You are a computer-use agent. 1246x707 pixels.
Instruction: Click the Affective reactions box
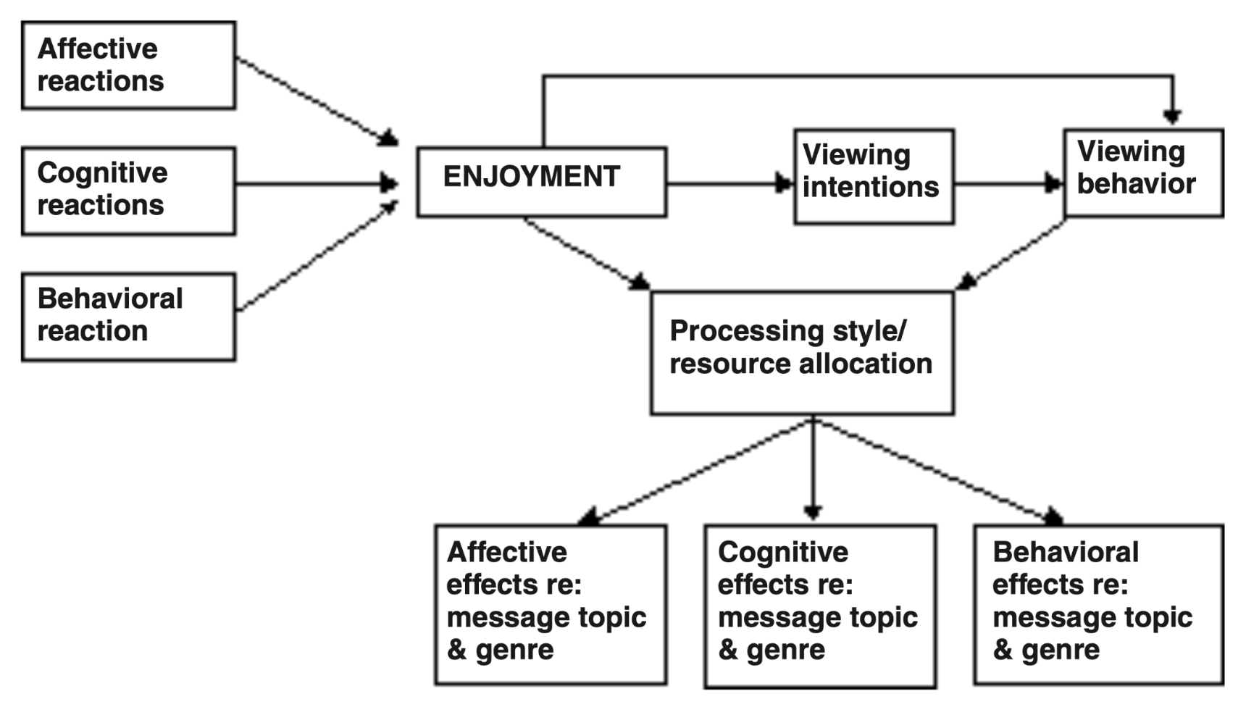point(128,65)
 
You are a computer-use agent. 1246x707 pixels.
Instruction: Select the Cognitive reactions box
point(128,191)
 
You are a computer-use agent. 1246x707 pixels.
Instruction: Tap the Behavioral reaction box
point(128,317)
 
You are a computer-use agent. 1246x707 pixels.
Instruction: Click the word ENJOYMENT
point(531,177)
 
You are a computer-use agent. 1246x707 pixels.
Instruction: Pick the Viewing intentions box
point(874,177)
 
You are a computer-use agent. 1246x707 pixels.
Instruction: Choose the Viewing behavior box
point(1143,172)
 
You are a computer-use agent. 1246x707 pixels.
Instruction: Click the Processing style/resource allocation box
point(802,353)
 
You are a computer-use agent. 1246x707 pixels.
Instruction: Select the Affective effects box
point(551,604)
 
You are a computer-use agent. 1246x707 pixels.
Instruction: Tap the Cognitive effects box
point(820,606)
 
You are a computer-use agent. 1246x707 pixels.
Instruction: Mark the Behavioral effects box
point(1098,604)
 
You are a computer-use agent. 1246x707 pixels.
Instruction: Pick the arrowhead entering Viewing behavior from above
point(1172,116)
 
